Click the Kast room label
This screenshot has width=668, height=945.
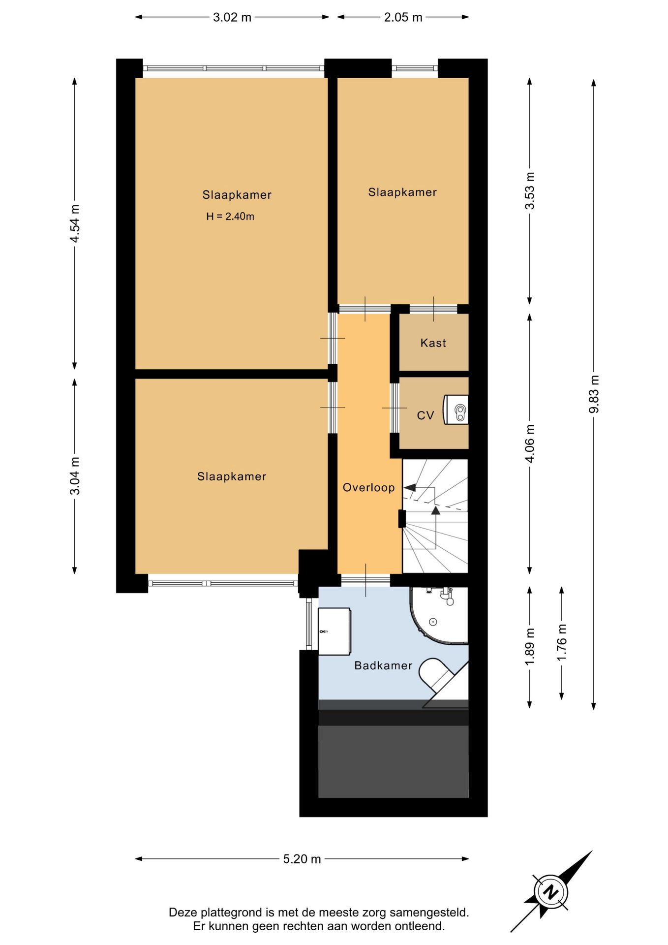[433, 343]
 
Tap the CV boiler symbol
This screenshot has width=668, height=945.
[456, 409]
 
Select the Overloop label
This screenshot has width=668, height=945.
[368, 488]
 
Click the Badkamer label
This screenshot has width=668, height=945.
[383, 665]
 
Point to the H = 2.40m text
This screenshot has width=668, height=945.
[230, 216]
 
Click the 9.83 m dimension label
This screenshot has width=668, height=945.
[594, 394]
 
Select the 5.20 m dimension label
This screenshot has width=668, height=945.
[302, 859]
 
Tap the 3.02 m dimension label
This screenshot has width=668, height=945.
[232, 17]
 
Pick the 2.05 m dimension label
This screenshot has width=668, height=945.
[403, 17]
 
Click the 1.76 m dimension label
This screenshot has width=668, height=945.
[562, 643]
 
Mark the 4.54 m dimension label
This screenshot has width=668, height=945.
[75, 223]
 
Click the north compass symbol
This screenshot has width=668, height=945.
[551, 891]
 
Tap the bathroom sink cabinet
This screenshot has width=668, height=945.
[334, 631]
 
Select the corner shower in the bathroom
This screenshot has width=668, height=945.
[439, 615]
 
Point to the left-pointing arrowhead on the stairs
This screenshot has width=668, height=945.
[409, 488]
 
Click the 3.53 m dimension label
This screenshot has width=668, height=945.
[530, 191]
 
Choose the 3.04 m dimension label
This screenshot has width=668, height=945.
[75, 476]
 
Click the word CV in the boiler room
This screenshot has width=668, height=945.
[425, 415]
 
